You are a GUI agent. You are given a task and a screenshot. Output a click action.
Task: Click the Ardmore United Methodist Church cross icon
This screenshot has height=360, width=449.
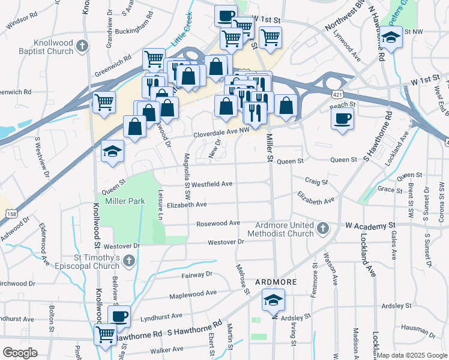[x=323, y=228]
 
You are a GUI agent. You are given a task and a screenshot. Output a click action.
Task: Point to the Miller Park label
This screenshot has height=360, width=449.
[x=125, y=201]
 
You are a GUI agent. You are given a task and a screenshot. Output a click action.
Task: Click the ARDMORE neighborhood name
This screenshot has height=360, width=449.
[x=277, y=281]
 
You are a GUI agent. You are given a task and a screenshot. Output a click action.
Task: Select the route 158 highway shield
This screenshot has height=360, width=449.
[x=11, y=214]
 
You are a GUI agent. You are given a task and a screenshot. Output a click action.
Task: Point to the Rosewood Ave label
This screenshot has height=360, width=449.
[x=218, y=223]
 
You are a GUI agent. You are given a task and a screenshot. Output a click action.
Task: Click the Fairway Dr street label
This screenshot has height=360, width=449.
[x=196, y=274]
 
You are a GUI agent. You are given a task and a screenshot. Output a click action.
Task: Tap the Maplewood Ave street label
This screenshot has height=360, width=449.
[x=193, y=294]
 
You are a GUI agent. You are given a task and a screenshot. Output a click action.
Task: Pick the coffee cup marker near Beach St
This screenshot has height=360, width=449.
[x=342, y=117]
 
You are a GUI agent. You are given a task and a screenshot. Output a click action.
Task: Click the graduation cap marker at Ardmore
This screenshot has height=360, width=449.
[x=273, y=299]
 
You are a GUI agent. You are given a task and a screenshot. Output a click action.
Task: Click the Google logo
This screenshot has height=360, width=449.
[x=20, y=353]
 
